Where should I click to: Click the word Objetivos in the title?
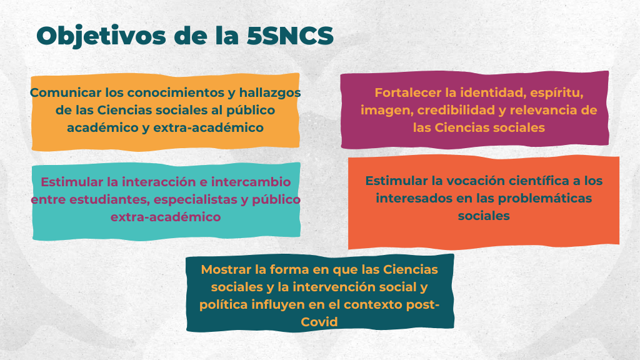tap(101, 36)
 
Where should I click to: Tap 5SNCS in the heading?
tap(290, 36)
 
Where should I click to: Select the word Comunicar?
tap(66, 92)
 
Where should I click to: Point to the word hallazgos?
tap(270, 93)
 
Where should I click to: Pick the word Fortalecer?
tap(408, 92)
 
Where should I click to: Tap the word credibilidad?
tap(462, 110)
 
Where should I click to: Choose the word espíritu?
tap(557, 93)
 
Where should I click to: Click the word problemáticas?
tap(545, 198)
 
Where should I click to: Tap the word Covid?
tap(319, 322)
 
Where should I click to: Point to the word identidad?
tap(493, 92)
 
